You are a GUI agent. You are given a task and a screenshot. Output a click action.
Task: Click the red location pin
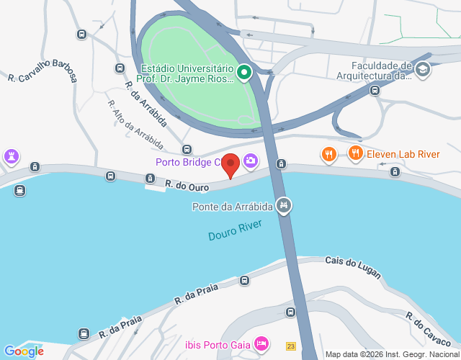pyautogui.click(x=230, y=164)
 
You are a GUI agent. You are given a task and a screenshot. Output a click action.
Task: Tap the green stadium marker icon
pyautogui.click(x=244, y=71)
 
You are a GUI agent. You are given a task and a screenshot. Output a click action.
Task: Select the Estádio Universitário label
pyautogui.click(x=187, y=73)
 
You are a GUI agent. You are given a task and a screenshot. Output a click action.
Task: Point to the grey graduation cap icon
pyautogui.click(x=422, y=69)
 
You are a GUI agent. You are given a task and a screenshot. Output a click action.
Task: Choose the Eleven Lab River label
pyautogui.click(x=403, y=153)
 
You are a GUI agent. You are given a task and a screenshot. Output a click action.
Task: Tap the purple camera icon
pyautogui.click(x=251, y=161)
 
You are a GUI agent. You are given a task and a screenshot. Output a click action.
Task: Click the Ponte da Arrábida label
pyautogui.click(x=232, y=207)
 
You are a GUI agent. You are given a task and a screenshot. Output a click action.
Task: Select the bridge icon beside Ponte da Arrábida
pyautogui.click(x=285, y=207)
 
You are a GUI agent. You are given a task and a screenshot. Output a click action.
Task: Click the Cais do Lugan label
pyautogui.click(x=352, y=263)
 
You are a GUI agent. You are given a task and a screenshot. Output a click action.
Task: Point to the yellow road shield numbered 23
pyautogui.click(x=290, y=346)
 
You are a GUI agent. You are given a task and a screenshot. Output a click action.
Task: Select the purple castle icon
pyautogui.click(x=12, y=156)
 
